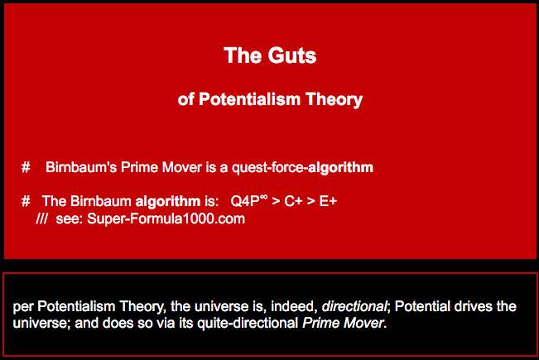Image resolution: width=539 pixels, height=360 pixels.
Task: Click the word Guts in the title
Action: tap(292, 55)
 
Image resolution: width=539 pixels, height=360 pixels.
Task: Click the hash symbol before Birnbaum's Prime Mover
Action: tap(26, 167)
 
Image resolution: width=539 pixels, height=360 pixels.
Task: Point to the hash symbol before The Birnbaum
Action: tap(26, 201)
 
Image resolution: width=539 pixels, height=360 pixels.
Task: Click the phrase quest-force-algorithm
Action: tap(302, 168)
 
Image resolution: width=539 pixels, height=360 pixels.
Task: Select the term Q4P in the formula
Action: tap(245, 201)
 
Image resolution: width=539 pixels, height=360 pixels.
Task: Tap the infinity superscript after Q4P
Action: tap(263, 197)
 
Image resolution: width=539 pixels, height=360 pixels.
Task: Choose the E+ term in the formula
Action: tap(328, 201)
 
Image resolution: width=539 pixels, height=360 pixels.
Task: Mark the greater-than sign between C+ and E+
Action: tap(310, 202)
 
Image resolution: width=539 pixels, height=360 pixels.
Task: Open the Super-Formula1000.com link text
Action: tap(166, 218)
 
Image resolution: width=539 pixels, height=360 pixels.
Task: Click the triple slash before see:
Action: tap(41, 218)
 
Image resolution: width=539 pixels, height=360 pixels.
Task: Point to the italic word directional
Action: tap(354, 306)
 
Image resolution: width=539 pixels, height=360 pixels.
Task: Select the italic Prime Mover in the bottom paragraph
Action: tap(343, 323)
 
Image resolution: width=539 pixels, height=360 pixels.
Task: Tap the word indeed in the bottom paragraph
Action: tap(291, 306)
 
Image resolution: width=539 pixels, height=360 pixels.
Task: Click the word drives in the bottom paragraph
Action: tap(474, 306)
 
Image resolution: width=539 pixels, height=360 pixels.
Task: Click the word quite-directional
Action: tap(248, 324)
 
